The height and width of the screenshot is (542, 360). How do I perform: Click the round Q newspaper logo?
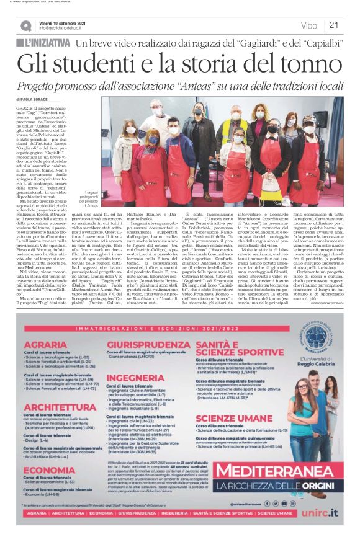point(25,25)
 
